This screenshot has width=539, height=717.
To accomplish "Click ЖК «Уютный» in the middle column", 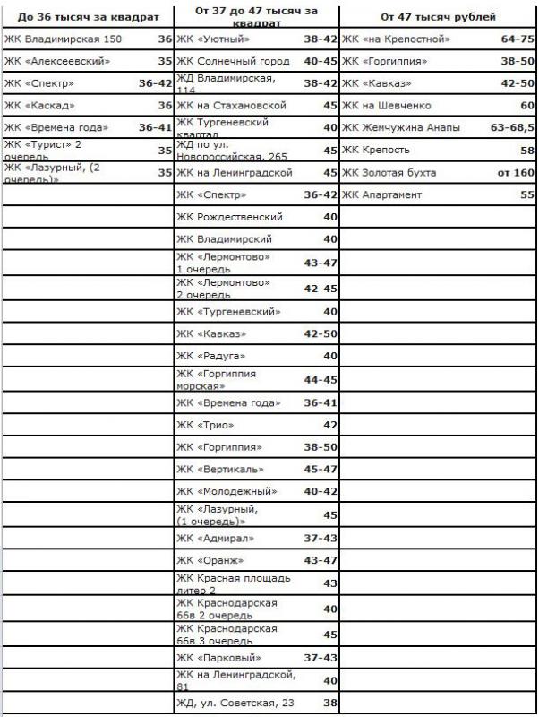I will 214,40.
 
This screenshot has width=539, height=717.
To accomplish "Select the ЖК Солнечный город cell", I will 233,62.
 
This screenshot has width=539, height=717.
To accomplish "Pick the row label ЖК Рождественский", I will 229,217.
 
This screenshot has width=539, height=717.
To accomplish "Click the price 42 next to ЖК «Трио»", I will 329,425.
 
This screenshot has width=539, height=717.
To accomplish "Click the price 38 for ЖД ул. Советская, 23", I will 329,703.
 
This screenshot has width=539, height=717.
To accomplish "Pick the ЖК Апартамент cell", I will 381,194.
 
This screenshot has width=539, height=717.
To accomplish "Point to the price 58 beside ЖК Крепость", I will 526,151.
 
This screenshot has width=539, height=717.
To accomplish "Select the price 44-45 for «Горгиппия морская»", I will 320,380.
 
